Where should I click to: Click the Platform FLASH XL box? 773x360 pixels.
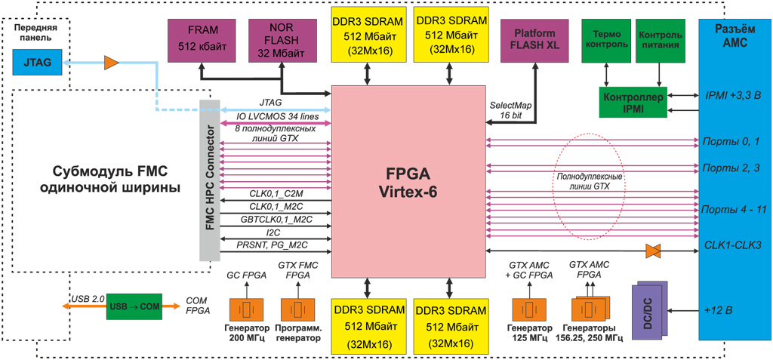[x=534, y=39]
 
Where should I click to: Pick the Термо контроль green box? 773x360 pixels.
[x=606, y=40]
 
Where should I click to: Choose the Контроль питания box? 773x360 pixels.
[x=661, y=40]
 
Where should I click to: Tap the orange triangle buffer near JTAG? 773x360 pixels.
[x=112, y=60]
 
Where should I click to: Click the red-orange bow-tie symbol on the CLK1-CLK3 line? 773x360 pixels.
[x=654, y=251]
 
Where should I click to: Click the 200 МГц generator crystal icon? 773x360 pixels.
[x=245, y=309]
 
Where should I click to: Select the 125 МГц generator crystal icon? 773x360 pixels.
[x=528, y=310]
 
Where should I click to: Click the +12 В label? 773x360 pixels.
[x=718, y=309]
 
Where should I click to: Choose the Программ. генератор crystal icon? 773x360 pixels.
[x=298, y=309]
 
